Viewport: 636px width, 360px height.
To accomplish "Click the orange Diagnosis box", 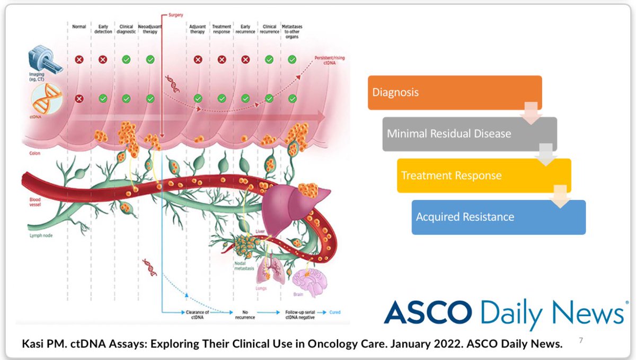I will coord(454,93).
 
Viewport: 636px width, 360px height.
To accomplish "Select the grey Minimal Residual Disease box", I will coord(469,134).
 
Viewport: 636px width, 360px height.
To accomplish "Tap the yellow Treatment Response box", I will coord(484,175).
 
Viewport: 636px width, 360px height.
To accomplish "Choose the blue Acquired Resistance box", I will coord(498,217).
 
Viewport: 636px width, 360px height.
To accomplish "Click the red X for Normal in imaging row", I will coord(79,59).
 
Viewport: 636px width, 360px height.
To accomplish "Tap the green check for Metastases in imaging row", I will coord(291,59).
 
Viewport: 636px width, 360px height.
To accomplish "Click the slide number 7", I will coord(580,340).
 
